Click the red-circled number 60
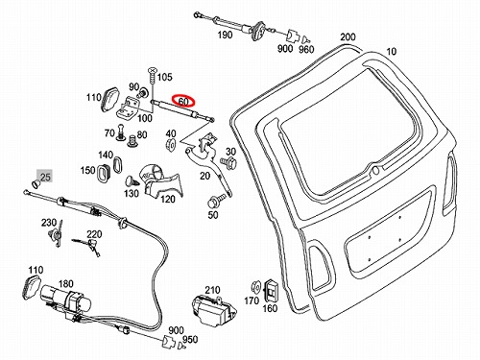coord(183,102)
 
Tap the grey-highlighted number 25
coord(45,177)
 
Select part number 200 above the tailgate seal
coord(348,37)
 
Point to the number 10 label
coord(391,51)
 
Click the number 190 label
coord(225,35)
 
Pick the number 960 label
coord(306,49)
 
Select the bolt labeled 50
coord(213,202)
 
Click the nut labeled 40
coord(170,145)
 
